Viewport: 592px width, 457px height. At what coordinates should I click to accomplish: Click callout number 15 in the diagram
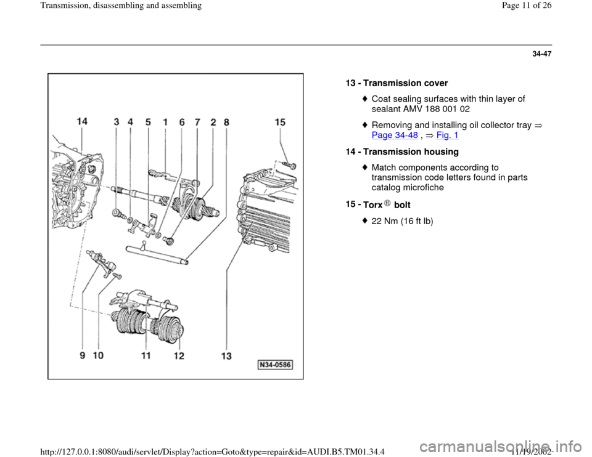click(280, 123)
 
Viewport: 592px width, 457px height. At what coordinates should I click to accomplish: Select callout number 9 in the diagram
click(83, 357)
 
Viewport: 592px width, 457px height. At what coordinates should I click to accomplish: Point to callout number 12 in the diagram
click(179, 357)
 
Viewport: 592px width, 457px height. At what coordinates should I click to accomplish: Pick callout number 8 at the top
click(226, 123)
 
